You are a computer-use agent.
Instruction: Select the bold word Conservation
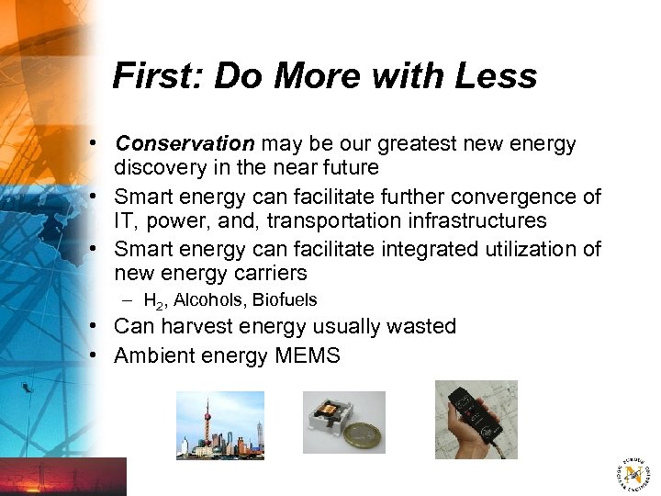[x=185, y=144]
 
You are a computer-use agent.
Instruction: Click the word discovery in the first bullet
[x=158, y=167]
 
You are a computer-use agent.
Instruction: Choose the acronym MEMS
[x=307, y=355]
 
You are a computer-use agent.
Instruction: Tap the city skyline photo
[x=219, y=425]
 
